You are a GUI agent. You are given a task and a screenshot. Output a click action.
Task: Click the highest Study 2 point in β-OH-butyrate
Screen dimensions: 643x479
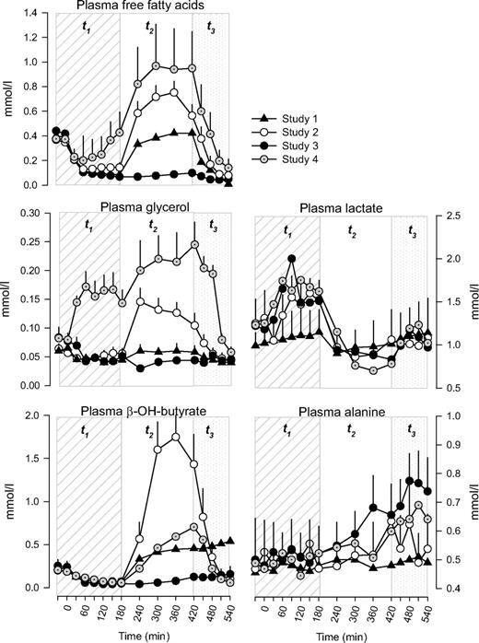(174, 437)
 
